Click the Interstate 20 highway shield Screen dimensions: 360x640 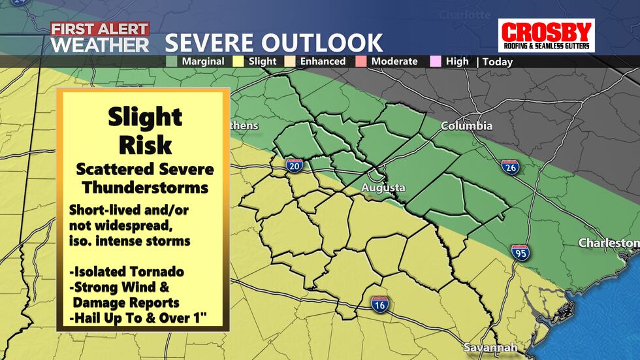point(294,167)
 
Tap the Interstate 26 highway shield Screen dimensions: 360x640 point(511,167)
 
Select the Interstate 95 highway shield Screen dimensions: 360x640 point(520,252)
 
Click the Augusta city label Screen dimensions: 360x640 point(384,188)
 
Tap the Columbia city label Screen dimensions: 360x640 point(466,125)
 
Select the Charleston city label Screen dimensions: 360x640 point(608,243)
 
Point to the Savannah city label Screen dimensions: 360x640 point(490,347)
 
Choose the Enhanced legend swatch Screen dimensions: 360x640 point(293,61)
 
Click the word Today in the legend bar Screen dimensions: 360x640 point(498,62)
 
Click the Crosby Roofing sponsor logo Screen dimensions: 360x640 point(546,36)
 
